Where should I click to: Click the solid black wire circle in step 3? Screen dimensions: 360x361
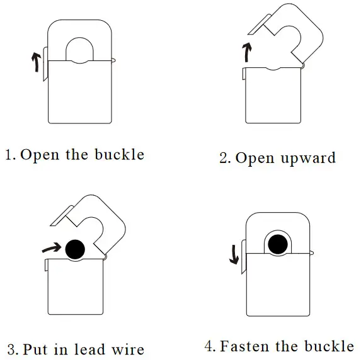point(76,249)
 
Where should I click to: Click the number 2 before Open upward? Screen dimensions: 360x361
point(224,158)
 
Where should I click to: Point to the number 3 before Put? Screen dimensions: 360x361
point(11,350)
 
